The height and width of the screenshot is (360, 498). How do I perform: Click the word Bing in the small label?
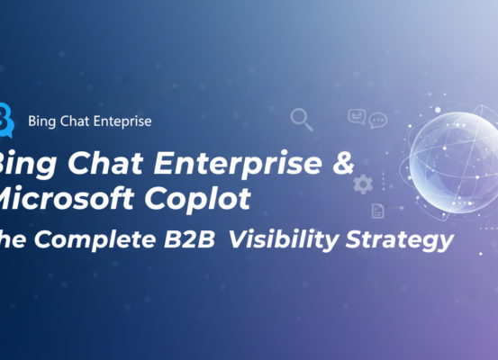(x=41, y=120)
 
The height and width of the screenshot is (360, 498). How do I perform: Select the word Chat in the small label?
(x=77, y=120)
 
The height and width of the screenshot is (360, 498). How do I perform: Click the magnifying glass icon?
(x=301, y=119)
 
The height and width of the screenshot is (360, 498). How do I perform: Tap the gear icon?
(x=363, y=184)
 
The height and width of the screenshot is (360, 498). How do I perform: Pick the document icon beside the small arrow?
(x=379, y=211)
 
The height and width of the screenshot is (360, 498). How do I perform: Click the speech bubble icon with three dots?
(x=378, y=119)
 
